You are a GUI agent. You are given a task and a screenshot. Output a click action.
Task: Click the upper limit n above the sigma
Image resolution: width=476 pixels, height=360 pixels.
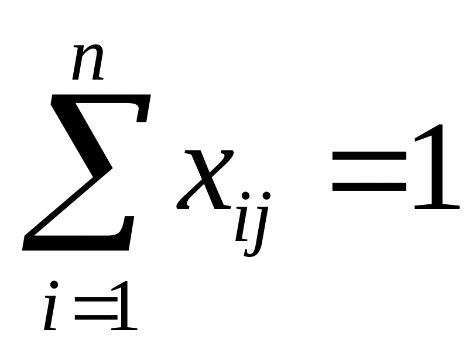pos(88,63)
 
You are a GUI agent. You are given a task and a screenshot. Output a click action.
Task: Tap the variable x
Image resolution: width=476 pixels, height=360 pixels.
pos(204,178)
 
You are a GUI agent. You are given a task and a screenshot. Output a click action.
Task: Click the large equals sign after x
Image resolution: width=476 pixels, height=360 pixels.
pos(369,170)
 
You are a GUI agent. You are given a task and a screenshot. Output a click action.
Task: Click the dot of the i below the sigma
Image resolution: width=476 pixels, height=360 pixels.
pos(55,285)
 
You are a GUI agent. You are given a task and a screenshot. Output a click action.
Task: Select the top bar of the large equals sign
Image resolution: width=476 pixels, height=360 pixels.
pos(369,155)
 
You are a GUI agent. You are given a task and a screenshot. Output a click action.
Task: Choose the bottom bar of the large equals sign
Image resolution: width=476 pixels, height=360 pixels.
pos(369,187)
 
